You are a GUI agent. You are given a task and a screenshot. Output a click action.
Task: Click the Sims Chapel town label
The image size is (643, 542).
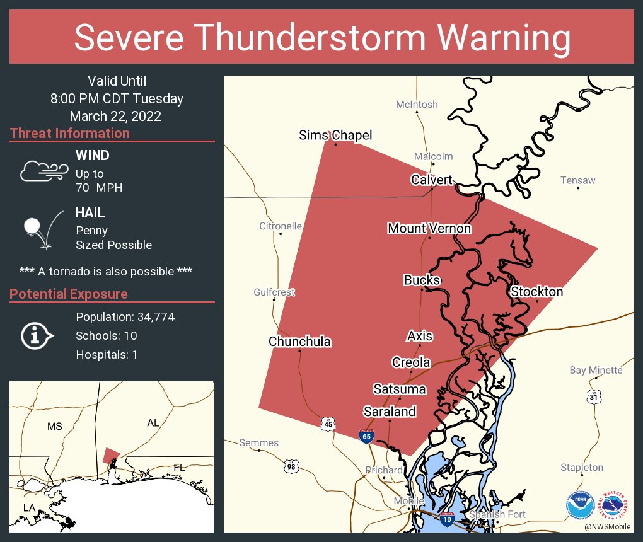(x=335, y=135)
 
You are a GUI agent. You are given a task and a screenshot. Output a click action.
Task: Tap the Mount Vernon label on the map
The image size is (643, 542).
(x=429, y=228)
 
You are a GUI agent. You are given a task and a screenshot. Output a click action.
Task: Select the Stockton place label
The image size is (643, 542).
(x=536, y=291)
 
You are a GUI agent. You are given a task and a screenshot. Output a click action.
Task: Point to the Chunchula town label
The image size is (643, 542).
(x=299, y=342)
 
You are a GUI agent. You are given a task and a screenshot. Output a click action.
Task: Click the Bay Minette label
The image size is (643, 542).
(x=596, y=370)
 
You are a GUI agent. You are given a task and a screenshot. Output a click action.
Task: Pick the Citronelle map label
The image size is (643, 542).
(x=281, y=226)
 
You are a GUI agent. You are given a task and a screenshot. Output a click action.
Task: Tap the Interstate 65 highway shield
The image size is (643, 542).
(x=366, y=436)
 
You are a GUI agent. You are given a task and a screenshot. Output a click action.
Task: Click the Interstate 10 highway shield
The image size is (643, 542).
(x=447, y=519)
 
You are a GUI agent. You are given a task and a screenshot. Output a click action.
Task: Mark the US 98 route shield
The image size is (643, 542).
(x=291, y=466)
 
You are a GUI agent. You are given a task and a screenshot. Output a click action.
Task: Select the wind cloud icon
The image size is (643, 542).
(x=44, y=170)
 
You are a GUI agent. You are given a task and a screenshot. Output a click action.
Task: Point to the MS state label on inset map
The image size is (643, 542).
(x=55, y=427)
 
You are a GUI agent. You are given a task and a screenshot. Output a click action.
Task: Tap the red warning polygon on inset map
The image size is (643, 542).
(x=111, y=455)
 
